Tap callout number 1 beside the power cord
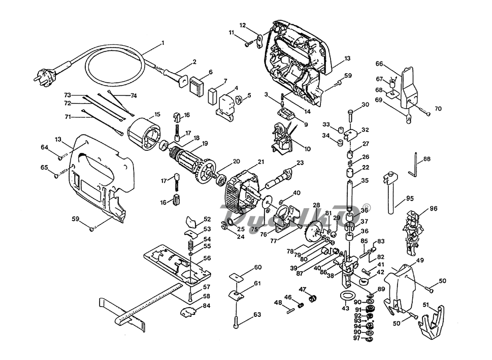click(x=162, y=43)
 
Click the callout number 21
click(x=260, y=162)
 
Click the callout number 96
click(x=433, y=208)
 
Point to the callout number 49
click(x=420, y=260)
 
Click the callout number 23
click(x=300, y=162)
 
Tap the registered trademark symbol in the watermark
click(x=367, y=207)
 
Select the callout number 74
click(x=134, y=95)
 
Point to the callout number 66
click(x=379, y=63)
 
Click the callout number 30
click(x=365, y=105)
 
